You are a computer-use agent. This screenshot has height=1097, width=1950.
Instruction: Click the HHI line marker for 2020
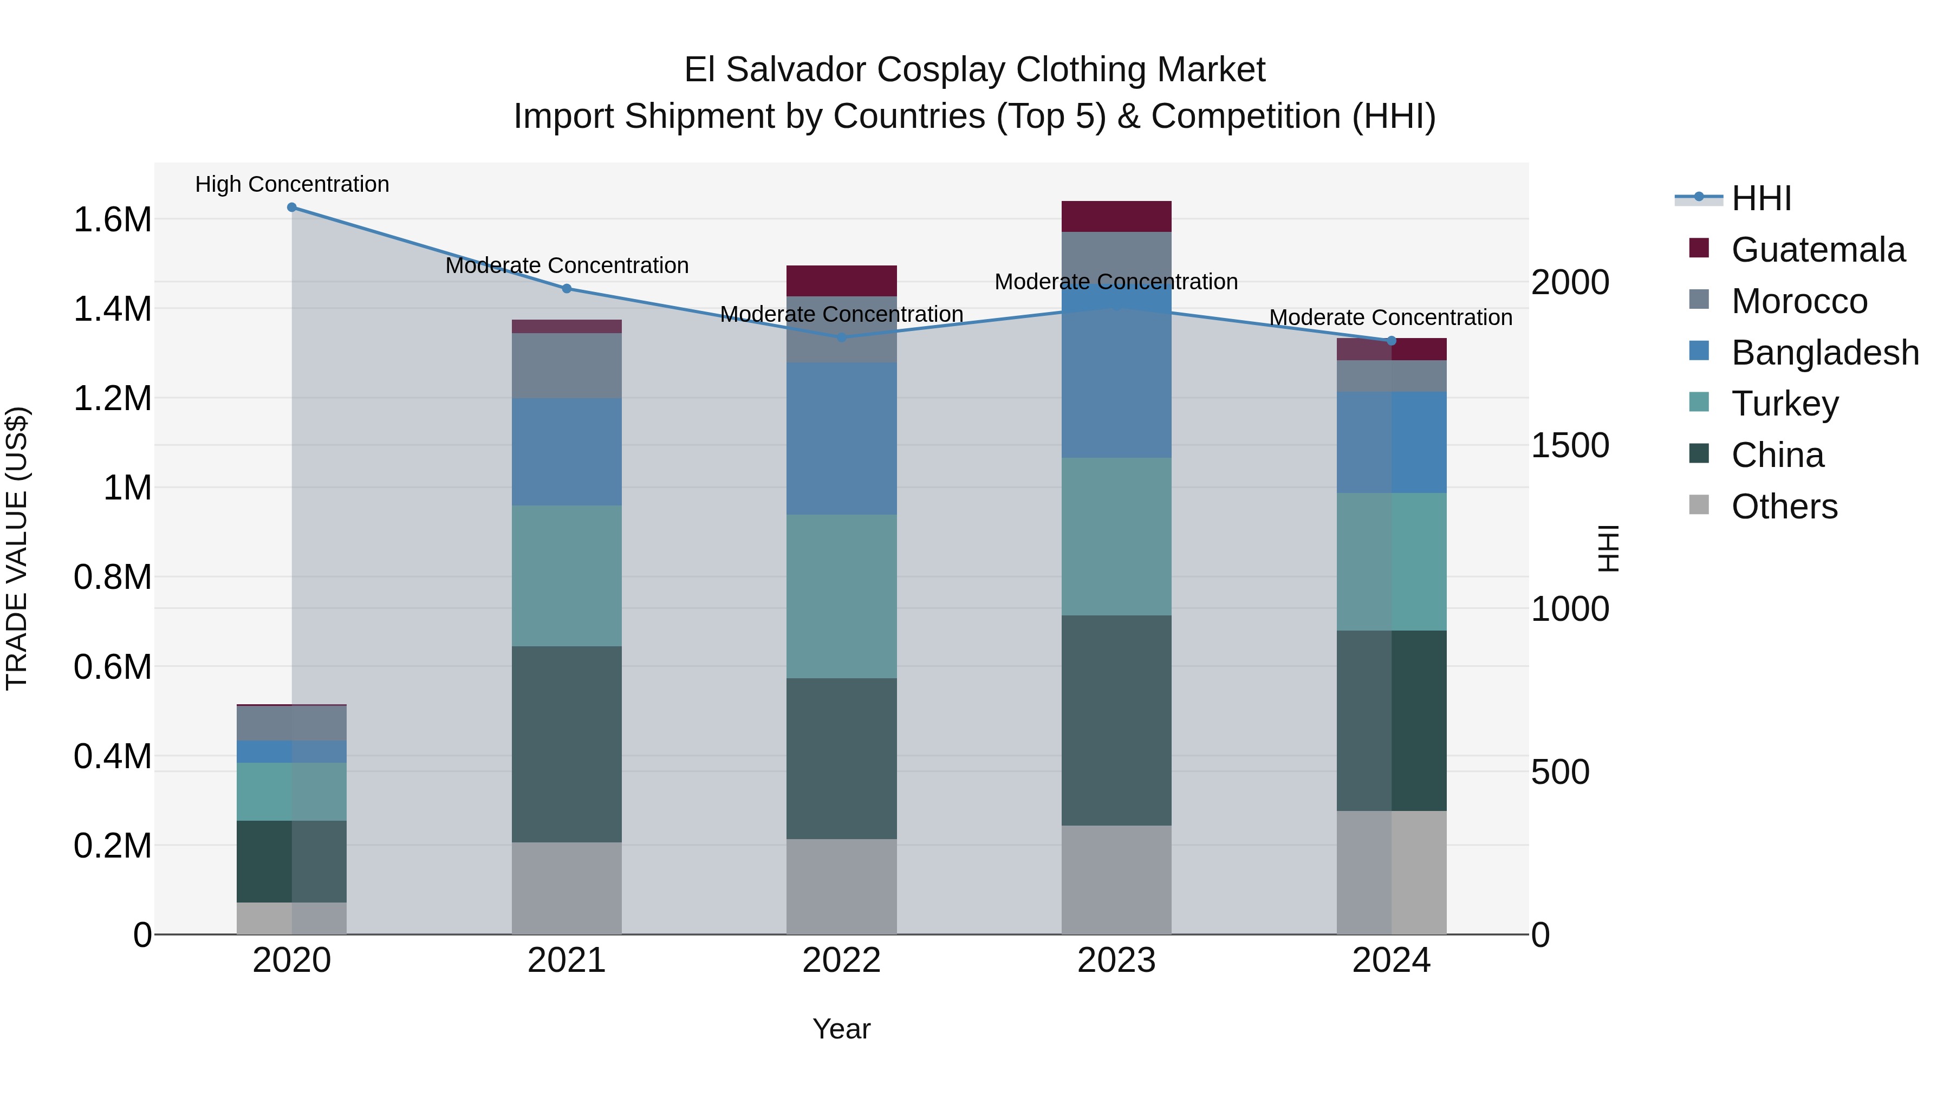[x=291, y=207]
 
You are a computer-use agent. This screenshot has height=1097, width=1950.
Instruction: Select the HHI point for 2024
[x=1392, y=341]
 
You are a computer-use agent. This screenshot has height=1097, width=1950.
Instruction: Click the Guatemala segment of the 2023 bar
[x=1116, y=217]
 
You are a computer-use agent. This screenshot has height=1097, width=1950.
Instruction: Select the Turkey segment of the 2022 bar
[x=841, y=596]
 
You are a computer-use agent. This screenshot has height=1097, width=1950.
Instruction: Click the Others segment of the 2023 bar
[x=1116, y=880]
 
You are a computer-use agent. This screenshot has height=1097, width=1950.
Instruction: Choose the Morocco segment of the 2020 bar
[x=291, y=723]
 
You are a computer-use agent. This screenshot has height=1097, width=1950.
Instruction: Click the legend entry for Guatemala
[x=1817, y=250]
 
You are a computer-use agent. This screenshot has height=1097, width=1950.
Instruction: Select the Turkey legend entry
[x=1784, y=404]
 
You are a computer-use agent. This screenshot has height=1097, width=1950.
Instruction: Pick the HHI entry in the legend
[x=1761, y=198]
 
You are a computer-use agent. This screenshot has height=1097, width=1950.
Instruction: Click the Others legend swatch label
[x=1784, y=507]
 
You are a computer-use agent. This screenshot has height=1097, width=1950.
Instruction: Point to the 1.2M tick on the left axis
[x=112, y=399]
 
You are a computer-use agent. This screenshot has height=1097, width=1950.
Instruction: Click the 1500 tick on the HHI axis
[x=1569, y=445]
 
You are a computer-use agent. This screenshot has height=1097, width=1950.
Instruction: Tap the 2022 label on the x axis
[x=841, y=960]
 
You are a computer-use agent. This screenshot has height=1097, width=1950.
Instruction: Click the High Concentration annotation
[x=291, y=184]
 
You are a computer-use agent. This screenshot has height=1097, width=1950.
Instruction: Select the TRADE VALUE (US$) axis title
[x=17, y=548]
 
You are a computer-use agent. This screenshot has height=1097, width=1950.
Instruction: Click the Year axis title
[x=841, y=1029]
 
